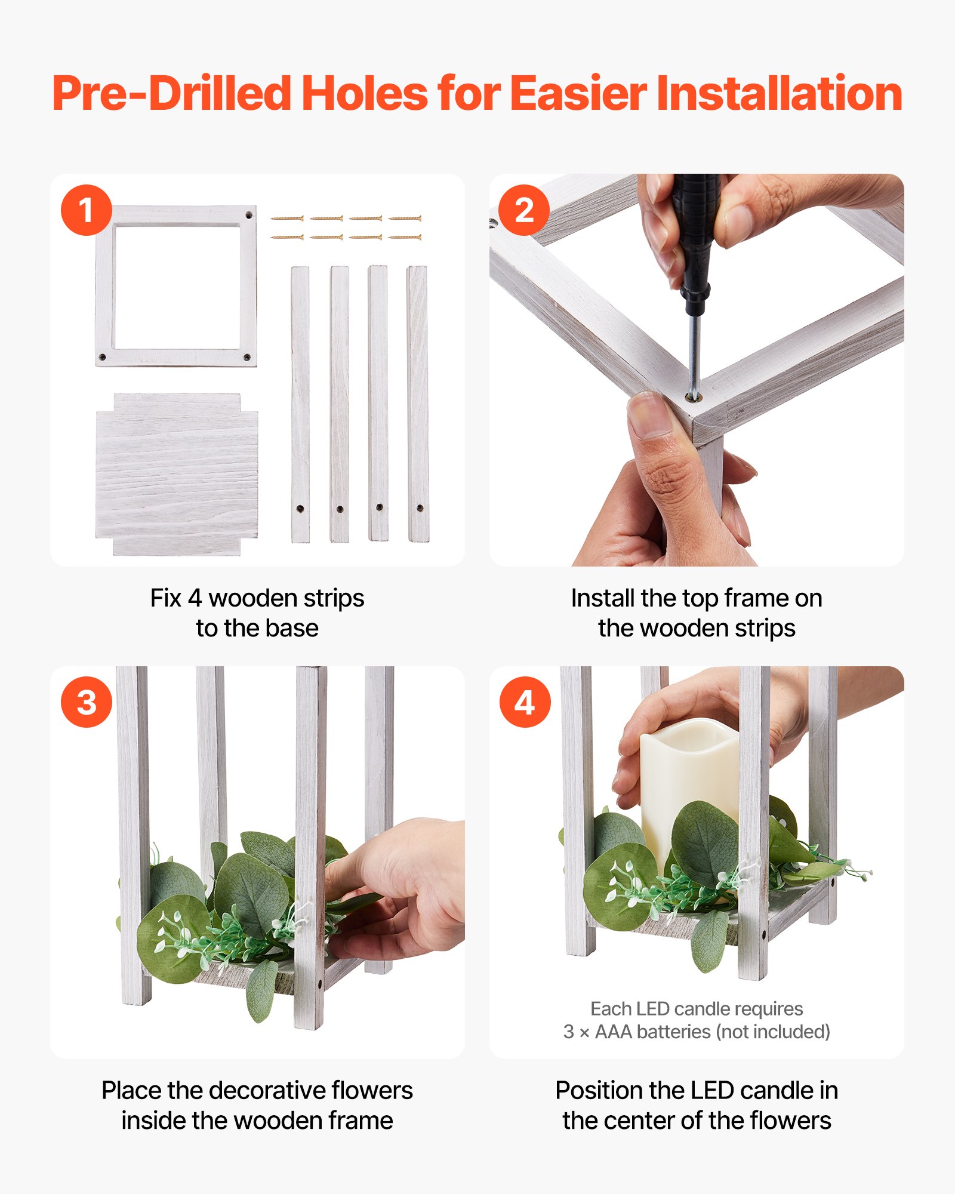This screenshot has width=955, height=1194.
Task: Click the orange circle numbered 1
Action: tap(87, 210)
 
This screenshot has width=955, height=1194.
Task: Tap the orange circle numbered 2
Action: tap(524, 210)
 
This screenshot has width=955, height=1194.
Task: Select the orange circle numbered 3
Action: tap(87, 702)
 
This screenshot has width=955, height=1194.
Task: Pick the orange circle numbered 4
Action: tap(525, 702)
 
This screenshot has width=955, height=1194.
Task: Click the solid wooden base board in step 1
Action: tap(177, 475)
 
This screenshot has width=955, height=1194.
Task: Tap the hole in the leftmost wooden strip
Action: tap(300, 509)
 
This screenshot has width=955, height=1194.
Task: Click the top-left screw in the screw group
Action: tap(287, 219)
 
